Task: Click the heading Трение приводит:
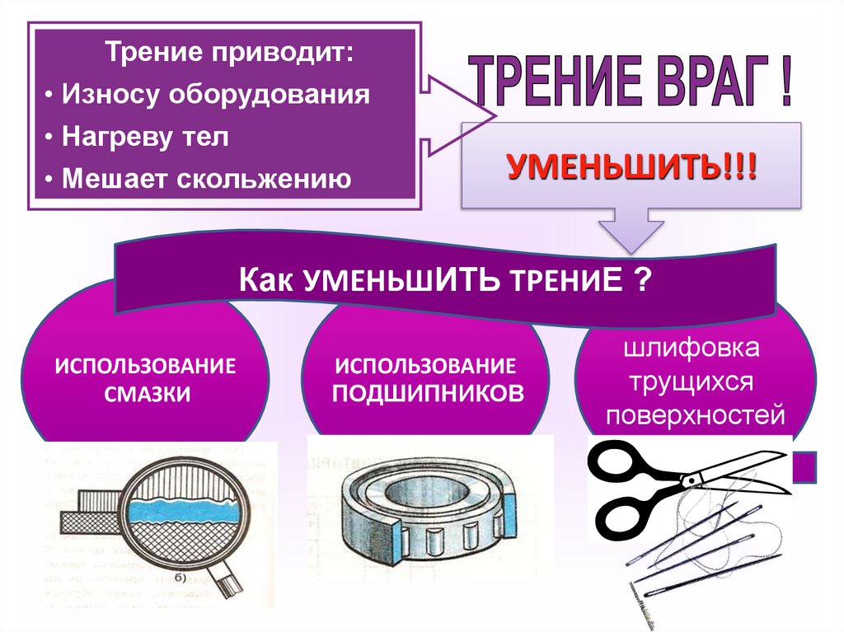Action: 231,54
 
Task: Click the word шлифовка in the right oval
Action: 694,349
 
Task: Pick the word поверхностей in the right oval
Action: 695,415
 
